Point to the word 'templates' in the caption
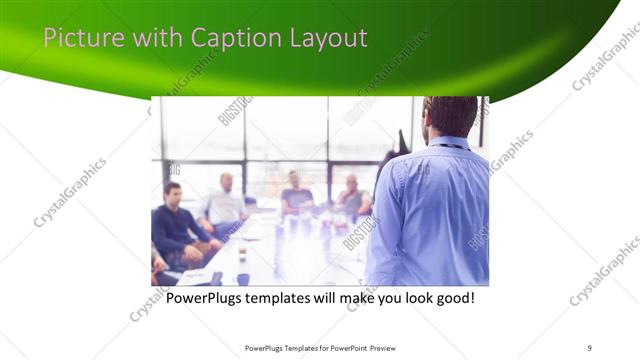(x=292, y=298)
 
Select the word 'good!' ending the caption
(x=453, y=298)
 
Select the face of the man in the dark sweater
(x=172, y=193)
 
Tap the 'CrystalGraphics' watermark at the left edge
(x=70, y=192)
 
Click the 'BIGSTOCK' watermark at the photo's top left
(x=235, y=110)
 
